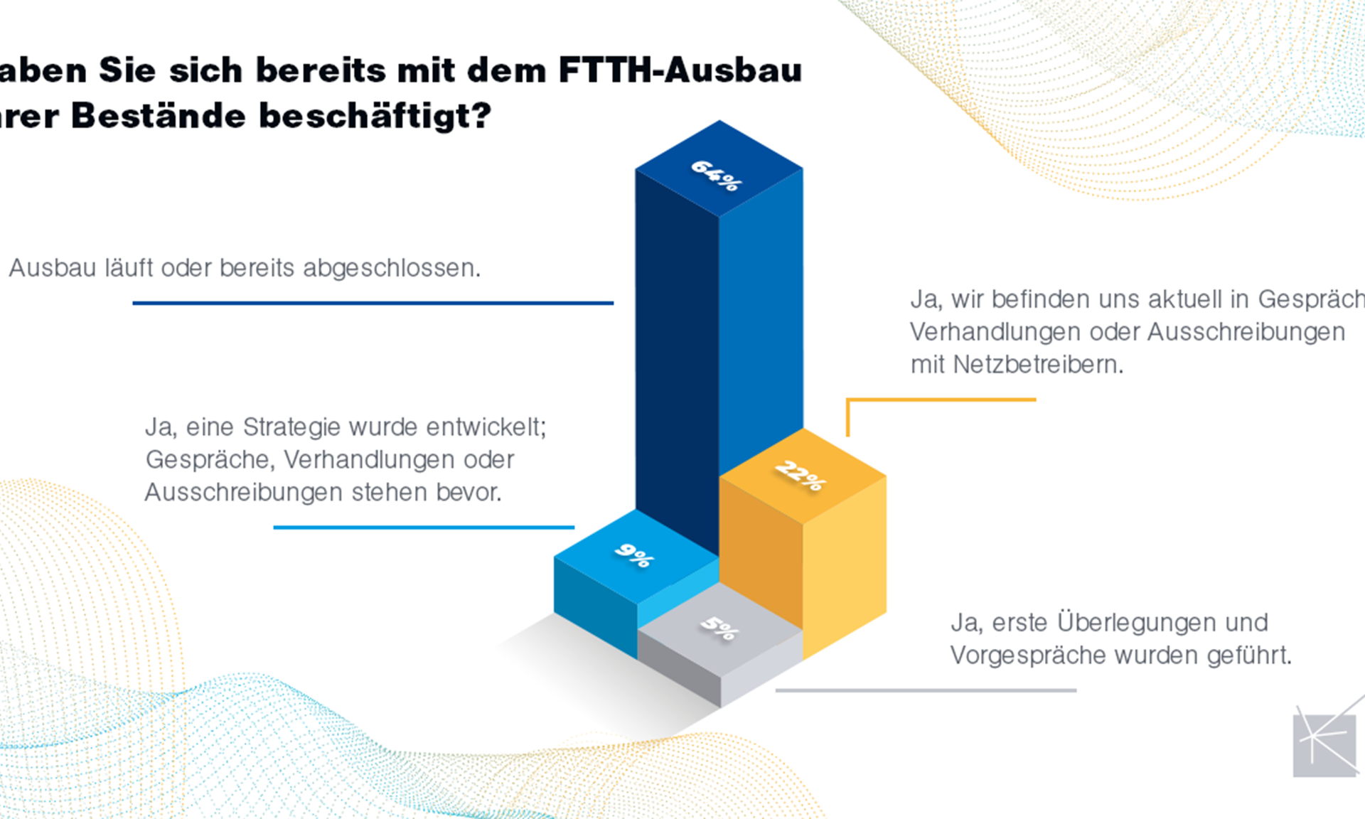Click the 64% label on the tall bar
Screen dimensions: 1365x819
point(716,175)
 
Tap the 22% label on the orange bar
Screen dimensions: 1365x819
point(801,476)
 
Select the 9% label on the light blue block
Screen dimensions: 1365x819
point(633,555)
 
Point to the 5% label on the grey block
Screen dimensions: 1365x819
point(719,628)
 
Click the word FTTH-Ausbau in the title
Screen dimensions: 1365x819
point(680,70)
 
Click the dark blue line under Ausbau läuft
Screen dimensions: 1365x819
point(373,303)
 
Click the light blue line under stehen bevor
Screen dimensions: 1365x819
point(424,528)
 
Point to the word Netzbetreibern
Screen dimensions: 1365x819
point(1037,365)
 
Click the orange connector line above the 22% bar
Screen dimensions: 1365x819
point(941,400)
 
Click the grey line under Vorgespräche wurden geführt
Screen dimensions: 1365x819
point(926,690)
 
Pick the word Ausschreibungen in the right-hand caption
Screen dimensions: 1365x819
point(1246,332)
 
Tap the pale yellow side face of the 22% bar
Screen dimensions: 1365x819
point(845,562)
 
